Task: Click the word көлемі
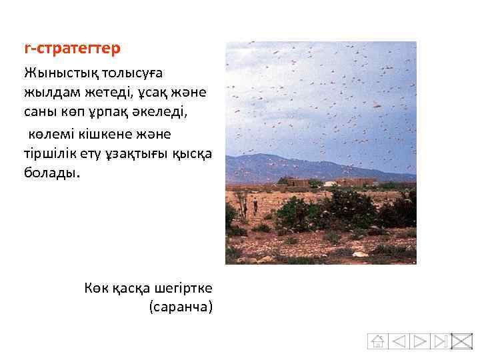(x=53, y=134)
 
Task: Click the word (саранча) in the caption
(x=181, y=307)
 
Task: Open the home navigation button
(x=377, y=341)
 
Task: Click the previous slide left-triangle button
(x=398, y=341)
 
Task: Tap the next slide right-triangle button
(x=419, y=341)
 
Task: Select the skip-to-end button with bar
(x=440, y=341)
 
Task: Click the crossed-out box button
(x=461, y=341)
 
